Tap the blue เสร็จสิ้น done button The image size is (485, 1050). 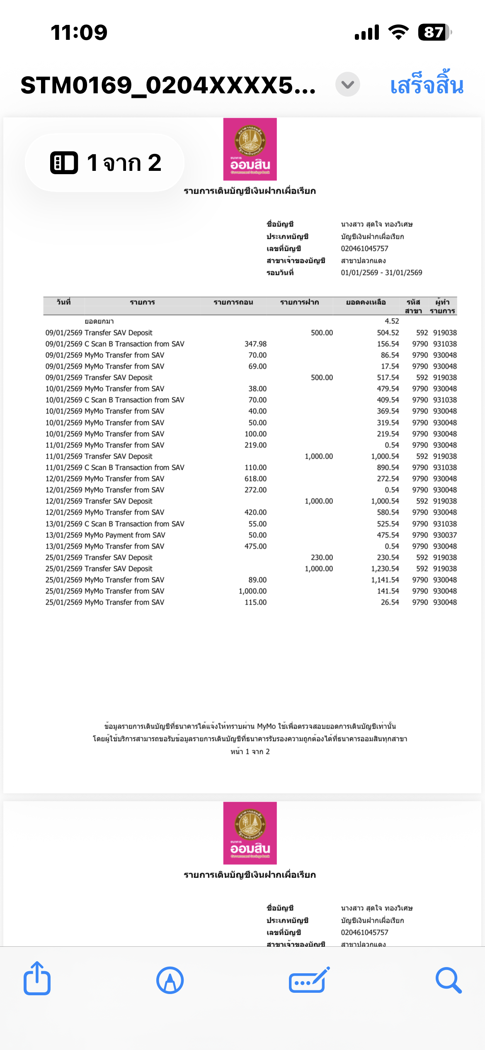click(x=427, y=85)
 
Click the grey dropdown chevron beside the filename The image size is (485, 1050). click(x=347, y=85)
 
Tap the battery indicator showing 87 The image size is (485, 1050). click(x=434, y=32)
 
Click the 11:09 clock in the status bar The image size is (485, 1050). click(x=79, y=32)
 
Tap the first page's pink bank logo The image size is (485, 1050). click(x=250, y=149)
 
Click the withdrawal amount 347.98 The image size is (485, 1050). click(x=255, y=344)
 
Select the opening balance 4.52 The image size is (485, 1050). click(x=392, y=321)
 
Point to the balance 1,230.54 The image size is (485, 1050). click(x=385, y=569)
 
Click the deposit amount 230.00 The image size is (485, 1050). click(x=322, y=557)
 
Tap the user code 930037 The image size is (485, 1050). click(x=445, y=535)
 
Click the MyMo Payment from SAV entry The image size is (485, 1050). click(x=124, y=535)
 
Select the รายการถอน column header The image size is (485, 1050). click(x=233, y=302)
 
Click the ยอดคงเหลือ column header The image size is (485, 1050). click(x=366, y=302)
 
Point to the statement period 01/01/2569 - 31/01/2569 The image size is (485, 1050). click(x=381, y=272)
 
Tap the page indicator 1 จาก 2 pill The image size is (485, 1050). click(x=104, y=163)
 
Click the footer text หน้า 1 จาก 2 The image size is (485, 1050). click(x=250, y=751)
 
